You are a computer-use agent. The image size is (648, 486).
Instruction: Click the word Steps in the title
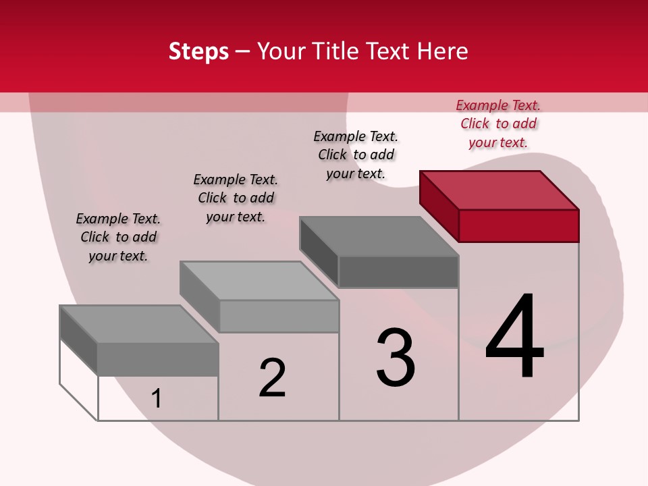pyautogui.click(x=198, y=51)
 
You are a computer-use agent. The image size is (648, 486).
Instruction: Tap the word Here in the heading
pyautogui.click(x=442, y=51)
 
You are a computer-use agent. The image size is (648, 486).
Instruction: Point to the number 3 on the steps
pyautogui.click(x=396, y=357)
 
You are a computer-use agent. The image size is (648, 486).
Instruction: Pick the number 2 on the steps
pyautogui.click(x=272, y=377)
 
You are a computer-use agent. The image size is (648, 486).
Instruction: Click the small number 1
pyautogui.click(x=157, y=398)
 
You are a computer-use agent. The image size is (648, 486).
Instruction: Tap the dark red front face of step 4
pyautogui.click(x=518, y=225)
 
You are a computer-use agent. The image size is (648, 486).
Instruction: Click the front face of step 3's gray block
pyautogui.click(x=398, y=272)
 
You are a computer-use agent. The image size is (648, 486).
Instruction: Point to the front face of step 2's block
pyautogui.click(x=279, y=316)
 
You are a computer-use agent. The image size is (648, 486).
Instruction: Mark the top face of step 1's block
pyautogui.click(x=139, y=324)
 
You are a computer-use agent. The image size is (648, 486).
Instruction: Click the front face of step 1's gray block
pyautogui.click(x=158, y=359)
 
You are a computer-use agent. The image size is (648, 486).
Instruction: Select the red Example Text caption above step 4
pyautogui.click(x=498, y=124)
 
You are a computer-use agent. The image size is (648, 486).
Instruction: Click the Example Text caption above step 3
pyautogui.click(x=356, y=155)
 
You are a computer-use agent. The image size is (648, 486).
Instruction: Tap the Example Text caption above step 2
pyautogui.click(x=236, y=198)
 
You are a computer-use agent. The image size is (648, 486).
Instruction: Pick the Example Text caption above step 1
pyautogui.click(x=118, y=237)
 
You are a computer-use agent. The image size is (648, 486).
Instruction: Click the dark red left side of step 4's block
pyautogui.click(x=439, y=205)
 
